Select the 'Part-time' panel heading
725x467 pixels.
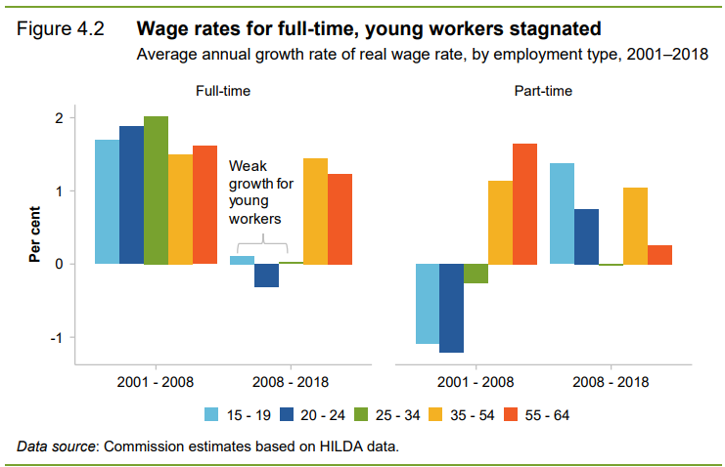[x=544, y=91]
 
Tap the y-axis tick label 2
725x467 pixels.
[x=59, y=118]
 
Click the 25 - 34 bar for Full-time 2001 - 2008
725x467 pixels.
[x=157, y=190]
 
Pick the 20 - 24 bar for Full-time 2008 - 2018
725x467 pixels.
[x=266, y=276]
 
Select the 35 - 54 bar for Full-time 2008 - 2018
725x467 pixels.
[x=315, y=211]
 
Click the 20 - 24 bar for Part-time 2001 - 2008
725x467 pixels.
[x=451, y=308]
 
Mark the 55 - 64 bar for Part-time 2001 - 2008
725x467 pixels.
[x=524, y=203]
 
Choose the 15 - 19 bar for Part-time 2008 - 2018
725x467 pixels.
[x=562, y=213]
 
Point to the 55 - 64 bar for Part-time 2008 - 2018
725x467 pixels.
[x=660, y=254]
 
